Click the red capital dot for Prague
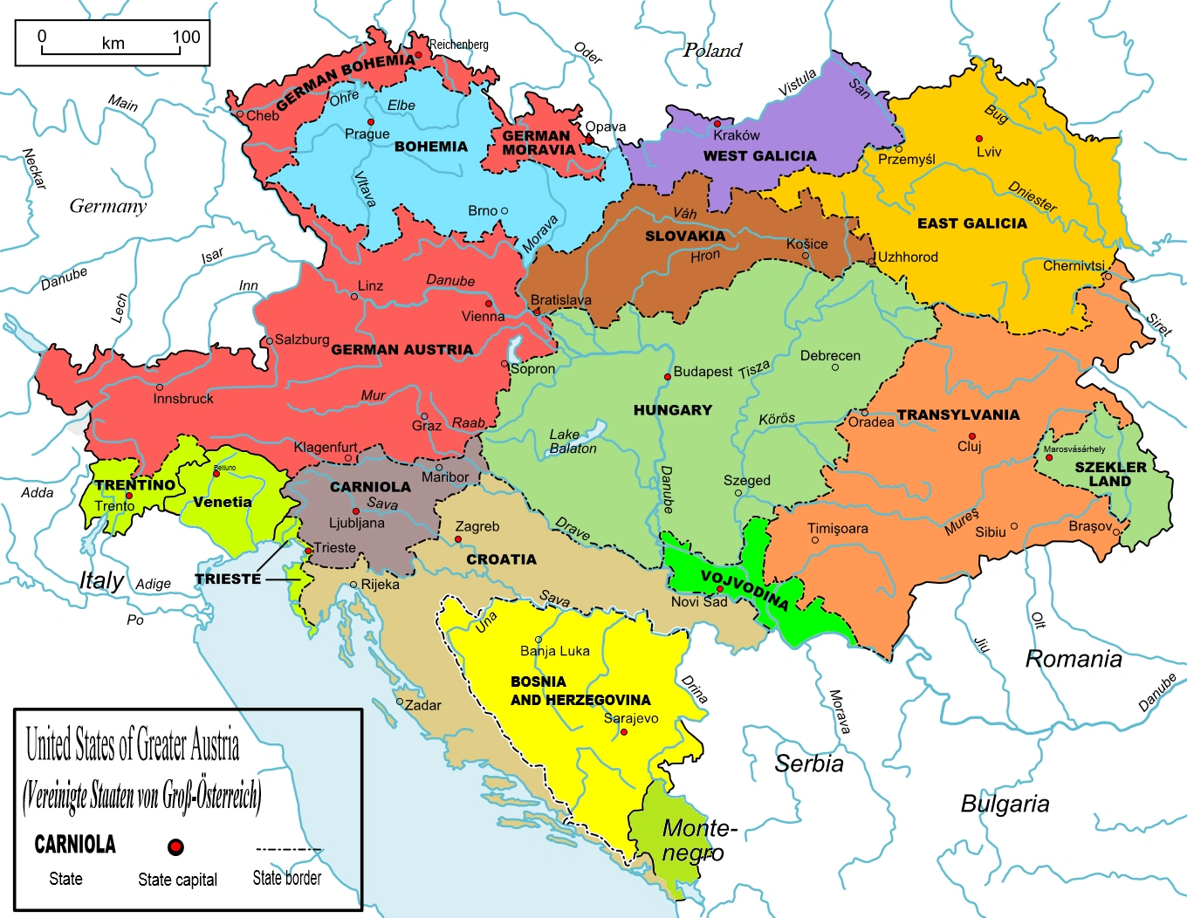pyautogui.click(x=371, y=122)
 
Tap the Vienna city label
pyautogui.click(x=483, y=316)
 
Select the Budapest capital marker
pyautogui.click(x=668, y=376)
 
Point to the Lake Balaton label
pyautogui.click(x=573, y=442)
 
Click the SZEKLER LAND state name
pyautogui.click(x=1110, y=474)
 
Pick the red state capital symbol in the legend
pyautogui.click(x=175, y=846)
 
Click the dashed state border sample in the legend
pyautogui.click(x=288, y=849)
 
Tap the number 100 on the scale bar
pyautogui.click(x=186, y=37)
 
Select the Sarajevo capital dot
pyautogui.click(x=624, y=732)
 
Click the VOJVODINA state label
pyautogui.click(x=744, y=591)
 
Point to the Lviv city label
pyautogui.click(x=989, y=152)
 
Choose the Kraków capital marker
pyautogui.click(x=717, y=124)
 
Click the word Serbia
pyautogui.click(x=809, y=764)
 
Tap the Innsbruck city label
pyautogui.click(x=183, y=399)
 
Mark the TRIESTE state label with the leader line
pyautogui.click(x=228, y=579)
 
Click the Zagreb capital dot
pyautogui.click(x=458, y=539)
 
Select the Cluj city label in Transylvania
pyautogui.click(x=970, y=447)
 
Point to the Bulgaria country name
pyautogui.click(x=1005, y=804)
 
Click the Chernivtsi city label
pyautogui.click(x=1074, y=265)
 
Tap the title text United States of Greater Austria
pyautogui.click(x=133, y=745)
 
